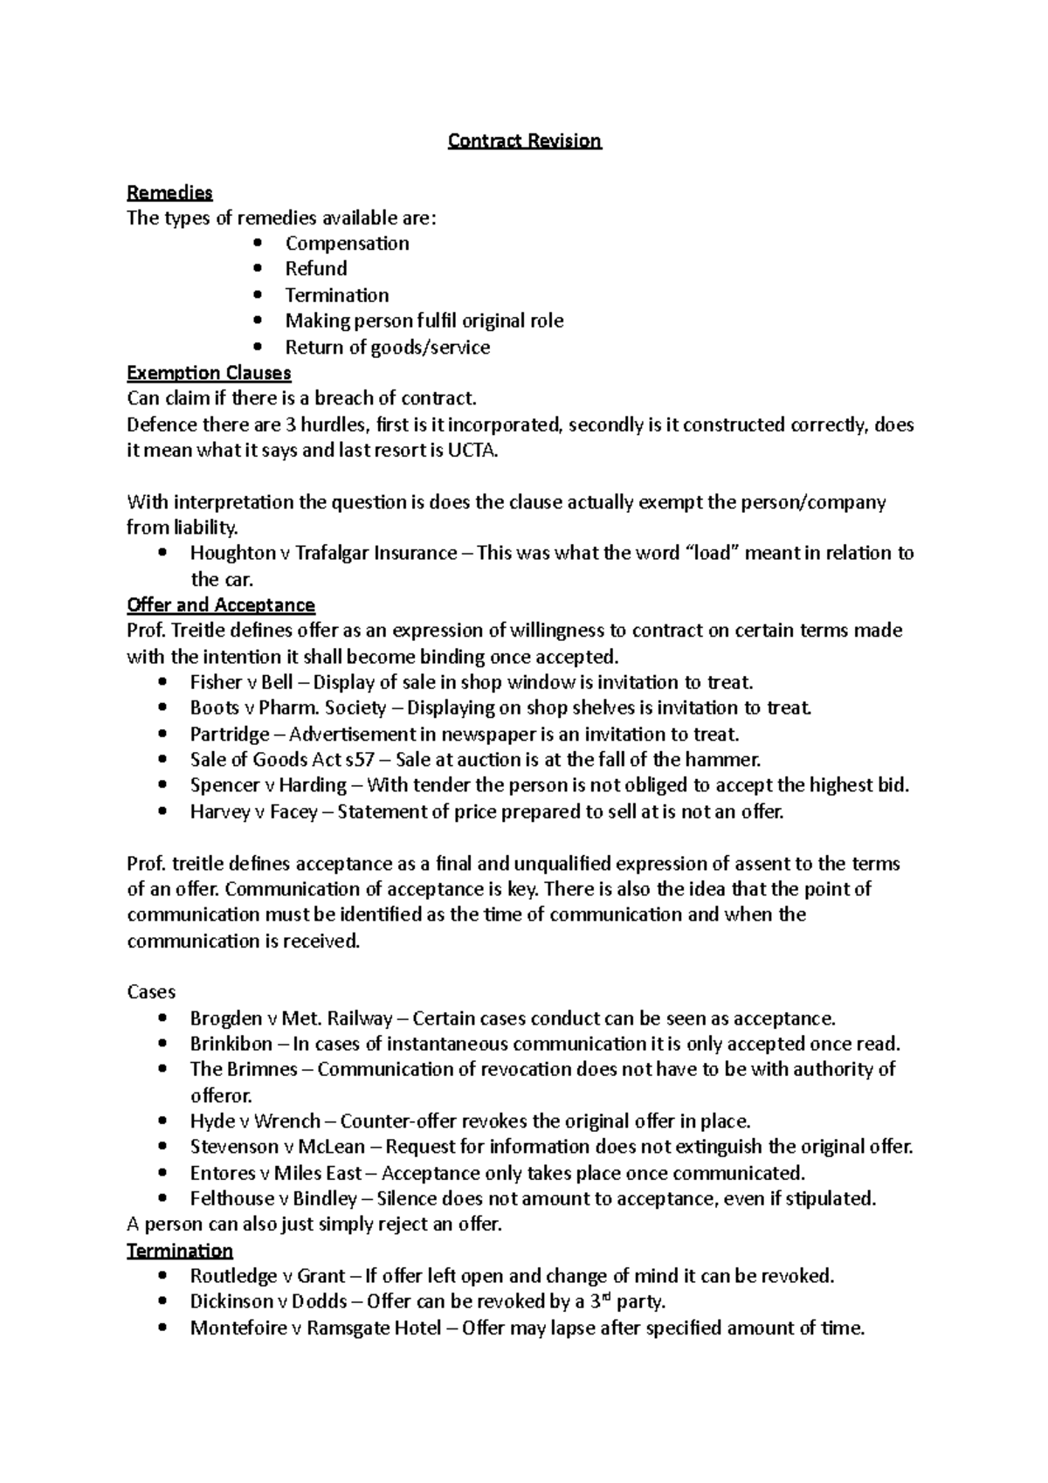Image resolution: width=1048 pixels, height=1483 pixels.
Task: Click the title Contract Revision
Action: click(x=524, y=141)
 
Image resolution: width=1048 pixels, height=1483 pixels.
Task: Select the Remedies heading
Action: click(x=169, y=192)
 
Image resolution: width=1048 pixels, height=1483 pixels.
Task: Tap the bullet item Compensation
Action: click(x=347, y=244)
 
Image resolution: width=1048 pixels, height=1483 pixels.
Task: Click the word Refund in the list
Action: click(x=315, y=269)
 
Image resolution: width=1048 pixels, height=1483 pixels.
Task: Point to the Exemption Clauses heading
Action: click(x=209, y=373)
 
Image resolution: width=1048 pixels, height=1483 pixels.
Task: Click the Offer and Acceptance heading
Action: click(x=220, y=605)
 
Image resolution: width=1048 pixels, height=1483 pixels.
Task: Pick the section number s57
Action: click(x=361, y=760)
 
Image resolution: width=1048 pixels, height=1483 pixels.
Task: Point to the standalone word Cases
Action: click(x=151, y=992)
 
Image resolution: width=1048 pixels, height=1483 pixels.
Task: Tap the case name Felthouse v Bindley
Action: click(x=272, y=1199)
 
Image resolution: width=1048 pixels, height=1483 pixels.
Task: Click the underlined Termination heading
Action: click(x=180, y=1251)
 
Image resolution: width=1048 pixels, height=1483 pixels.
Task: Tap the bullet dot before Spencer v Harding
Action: click(x=163, y=786)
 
